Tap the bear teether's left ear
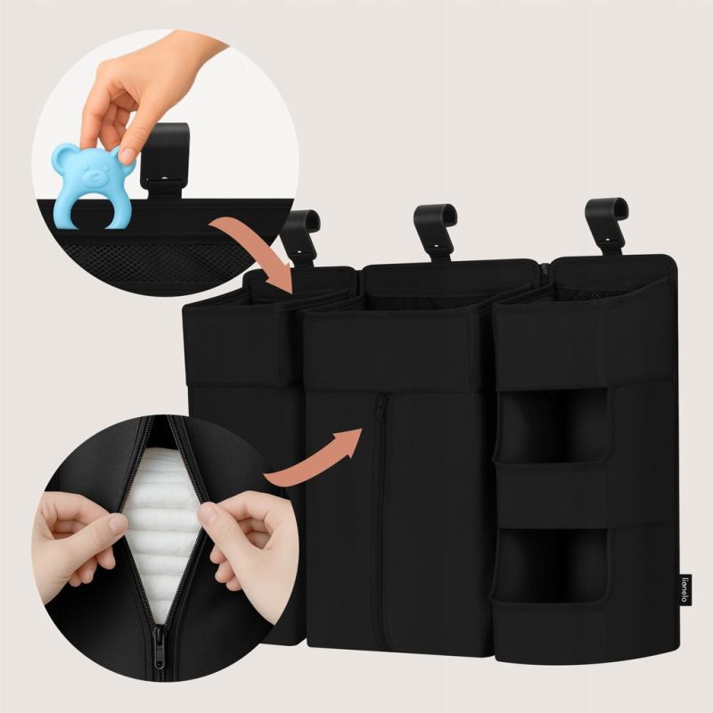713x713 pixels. [x=62, y=154]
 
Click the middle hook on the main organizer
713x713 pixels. [x=435, y=231]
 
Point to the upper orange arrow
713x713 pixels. [x=257, y=250]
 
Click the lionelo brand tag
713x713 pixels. [x=684, y=590]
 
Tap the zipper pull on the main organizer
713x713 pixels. [x=381, y=406]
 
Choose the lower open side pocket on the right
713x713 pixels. [x=553, y=564]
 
